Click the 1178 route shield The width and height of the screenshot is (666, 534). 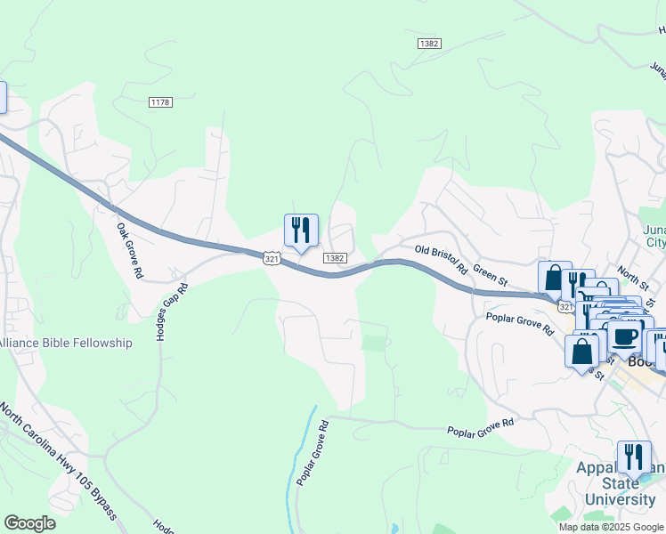(160, 102)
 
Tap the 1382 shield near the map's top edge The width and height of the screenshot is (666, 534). (429, 43)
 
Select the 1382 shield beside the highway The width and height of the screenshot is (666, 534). (334, 258)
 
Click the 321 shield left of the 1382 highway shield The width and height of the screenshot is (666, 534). (272, 258)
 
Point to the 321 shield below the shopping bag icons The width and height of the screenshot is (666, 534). (566, 306)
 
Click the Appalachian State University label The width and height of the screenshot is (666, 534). (620, 484)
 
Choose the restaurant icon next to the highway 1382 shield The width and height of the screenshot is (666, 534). (301, 231)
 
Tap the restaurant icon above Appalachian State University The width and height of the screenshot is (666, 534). (633, 457)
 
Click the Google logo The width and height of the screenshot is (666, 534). (29, 523)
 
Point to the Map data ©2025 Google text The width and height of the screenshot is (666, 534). (611, 527)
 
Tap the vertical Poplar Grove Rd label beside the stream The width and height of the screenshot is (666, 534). (313, 452)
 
